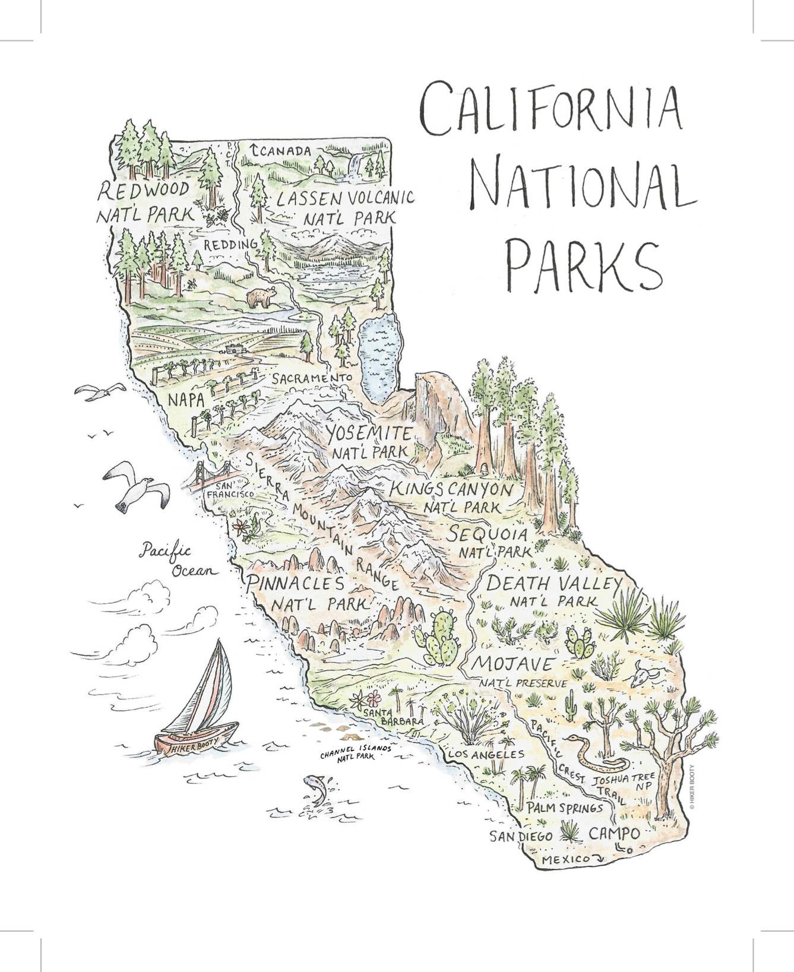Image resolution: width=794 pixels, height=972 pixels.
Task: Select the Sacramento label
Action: point(313,378)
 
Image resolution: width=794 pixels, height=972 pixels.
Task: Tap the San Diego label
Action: point(521,836)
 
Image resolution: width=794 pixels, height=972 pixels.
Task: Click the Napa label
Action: point(186,400)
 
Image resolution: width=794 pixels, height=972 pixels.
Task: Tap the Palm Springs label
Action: point(564,808)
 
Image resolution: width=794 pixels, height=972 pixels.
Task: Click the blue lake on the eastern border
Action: point(380,356)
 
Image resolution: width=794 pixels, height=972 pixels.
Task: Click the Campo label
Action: point(614,834)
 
